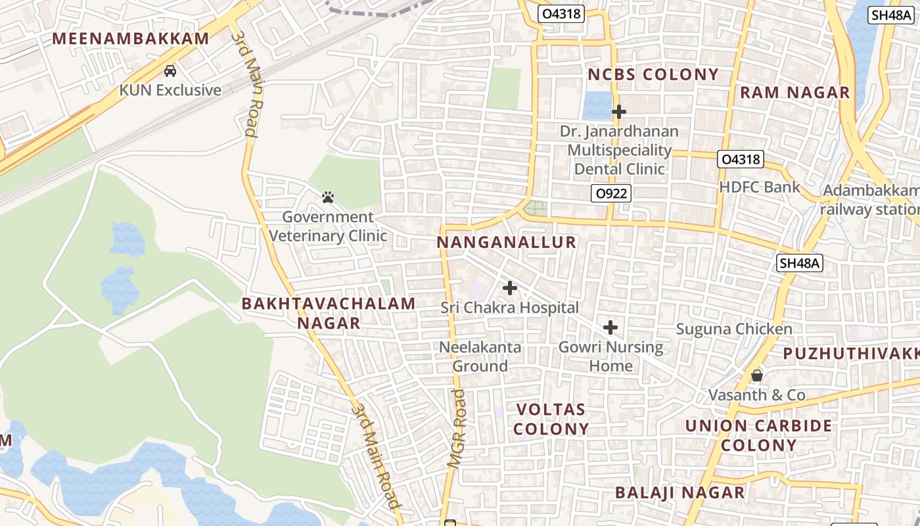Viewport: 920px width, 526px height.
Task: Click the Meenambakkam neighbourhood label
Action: pos(131,39)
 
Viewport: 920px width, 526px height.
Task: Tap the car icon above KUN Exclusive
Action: pos(170,70)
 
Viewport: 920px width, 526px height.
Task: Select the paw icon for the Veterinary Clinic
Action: pos(328,197)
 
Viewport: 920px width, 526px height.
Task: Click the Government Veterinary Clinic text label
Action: pos(328,226)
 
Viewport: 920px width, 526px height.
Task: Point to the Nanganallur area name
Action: pos(507,243)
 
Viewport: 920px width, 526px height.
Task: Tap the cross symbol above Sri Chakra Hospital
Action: pos(509,288)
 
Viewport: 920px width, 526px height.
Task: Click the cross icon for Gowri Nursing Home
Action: pos(610,327)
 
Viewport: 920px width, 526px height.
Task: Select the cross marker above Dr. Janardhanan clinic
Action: pos(618,112)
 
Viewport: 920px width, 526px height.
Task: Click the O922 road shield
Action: pos(611,193)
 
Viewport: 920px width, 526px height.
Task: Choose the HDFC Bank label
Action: pos(760,187)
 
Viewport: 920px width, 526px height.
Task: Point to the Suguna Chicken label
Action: pos(734,329)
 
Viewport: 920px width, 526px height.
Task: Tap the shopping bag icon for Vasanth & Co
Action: pos(757,375)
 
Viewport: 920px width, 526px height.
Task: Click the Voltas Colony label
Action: pos(551,419)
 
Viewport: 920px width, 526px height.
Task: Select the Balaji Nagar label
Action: pos(680,492)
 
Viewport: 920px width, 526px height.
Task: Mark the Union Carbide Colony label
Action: pos(759,435)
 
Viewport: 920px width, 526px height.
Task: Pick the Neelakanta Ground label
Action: pos(480,356)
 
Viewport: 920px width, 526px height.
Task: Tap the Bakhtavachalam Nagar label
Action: pos(329,313)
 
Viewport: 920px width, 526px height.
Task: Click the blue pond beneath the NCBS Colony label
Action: pos(597,105)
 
